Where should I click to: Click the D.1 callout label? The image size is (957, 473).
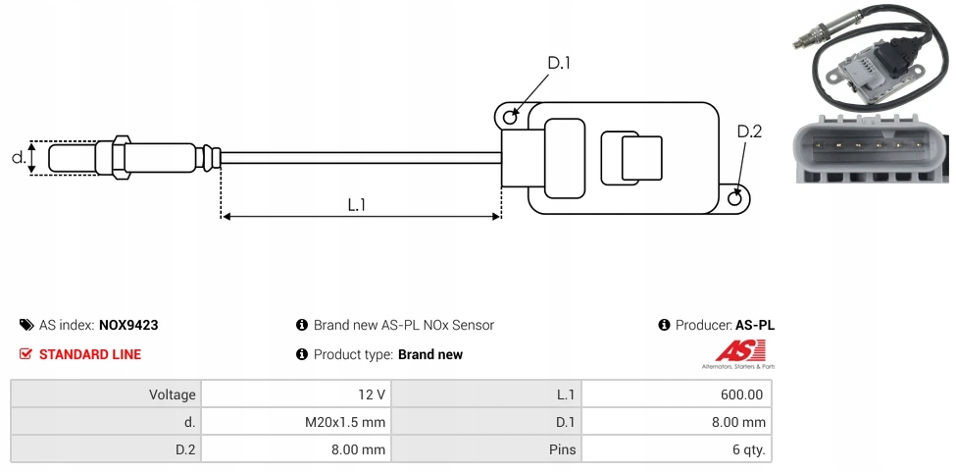click(558, 63)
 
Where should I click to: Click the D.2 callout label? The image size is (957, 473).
click(749, 131)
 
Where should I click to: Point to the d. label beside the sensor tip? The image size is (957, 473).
click(18, 157)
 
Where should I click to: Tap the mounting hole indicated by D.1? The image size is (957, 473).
click(510, 118)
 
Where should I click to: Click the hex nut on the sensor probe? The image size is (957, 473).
click(122, 157)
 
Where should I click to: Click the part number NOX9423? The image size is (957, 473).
click(128, 325)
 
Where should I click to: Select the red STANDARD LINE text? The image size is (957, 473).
click(89, 354)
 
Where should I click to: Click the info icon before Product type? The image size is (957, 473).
click(302, 354)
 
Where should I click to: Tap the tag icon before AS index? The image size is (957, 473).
click(25, 325)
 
